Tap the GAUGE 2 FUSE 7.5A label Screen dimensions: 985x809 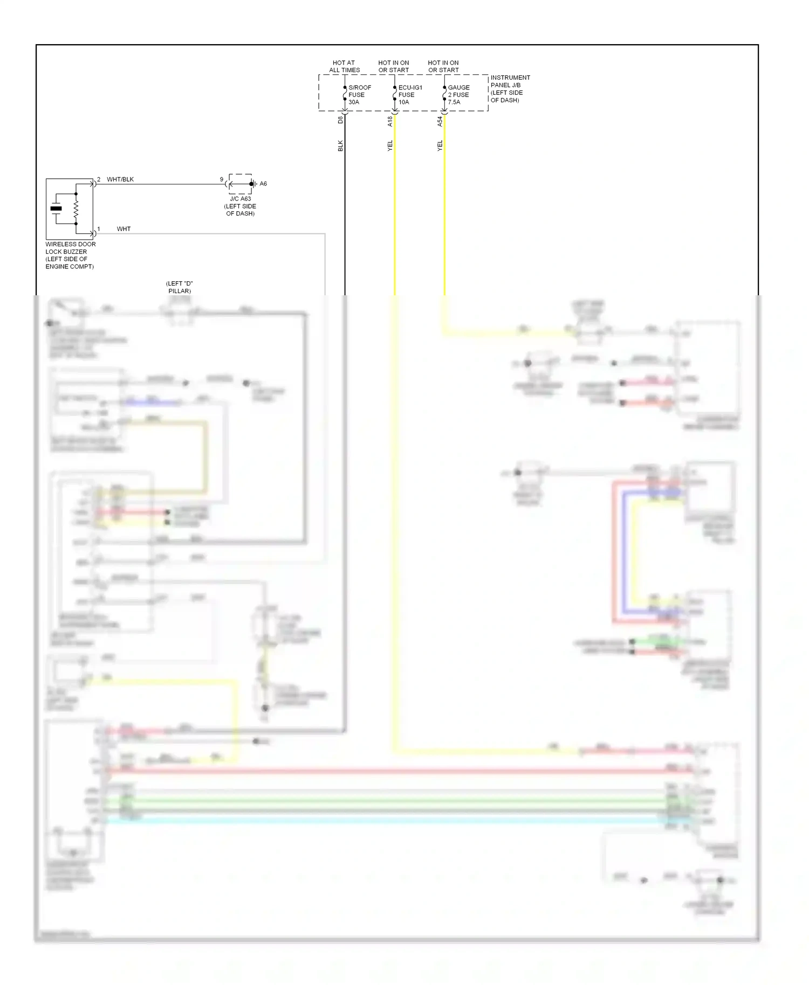pos(458,95)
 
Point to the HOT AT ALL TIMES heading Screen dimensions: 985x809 pos(344,66)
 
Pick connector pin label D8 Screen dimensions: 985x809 pos(340,120)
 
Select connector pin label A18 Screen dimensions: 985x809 pos(390,121)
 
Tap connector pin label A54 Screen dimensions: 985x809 pos(440,121)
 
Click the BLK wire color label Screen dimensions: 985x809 pos(340,145)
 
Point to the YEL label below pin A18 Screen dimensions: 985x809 pos(390,145)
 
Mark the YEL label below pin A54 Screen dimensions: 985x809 pos(440,145)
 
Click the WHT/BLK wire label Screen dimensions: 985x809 pos(120,179)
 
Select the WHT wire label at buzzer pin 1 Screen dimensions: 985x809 pos(124,229)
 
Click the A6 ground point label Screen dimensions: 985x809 pos(263,184)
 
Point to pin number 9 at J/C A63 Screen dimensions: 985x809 pos(221,179)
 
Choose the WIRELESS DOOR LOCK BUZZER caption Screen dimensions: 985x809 pos(70,255)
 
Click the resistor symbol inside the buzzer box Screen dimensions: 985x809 pos(76,209)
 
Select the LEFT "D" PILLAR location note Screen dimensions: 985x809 pos(179,287)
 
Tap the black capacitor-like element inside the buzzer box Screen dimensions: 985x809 pos(56,209)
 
